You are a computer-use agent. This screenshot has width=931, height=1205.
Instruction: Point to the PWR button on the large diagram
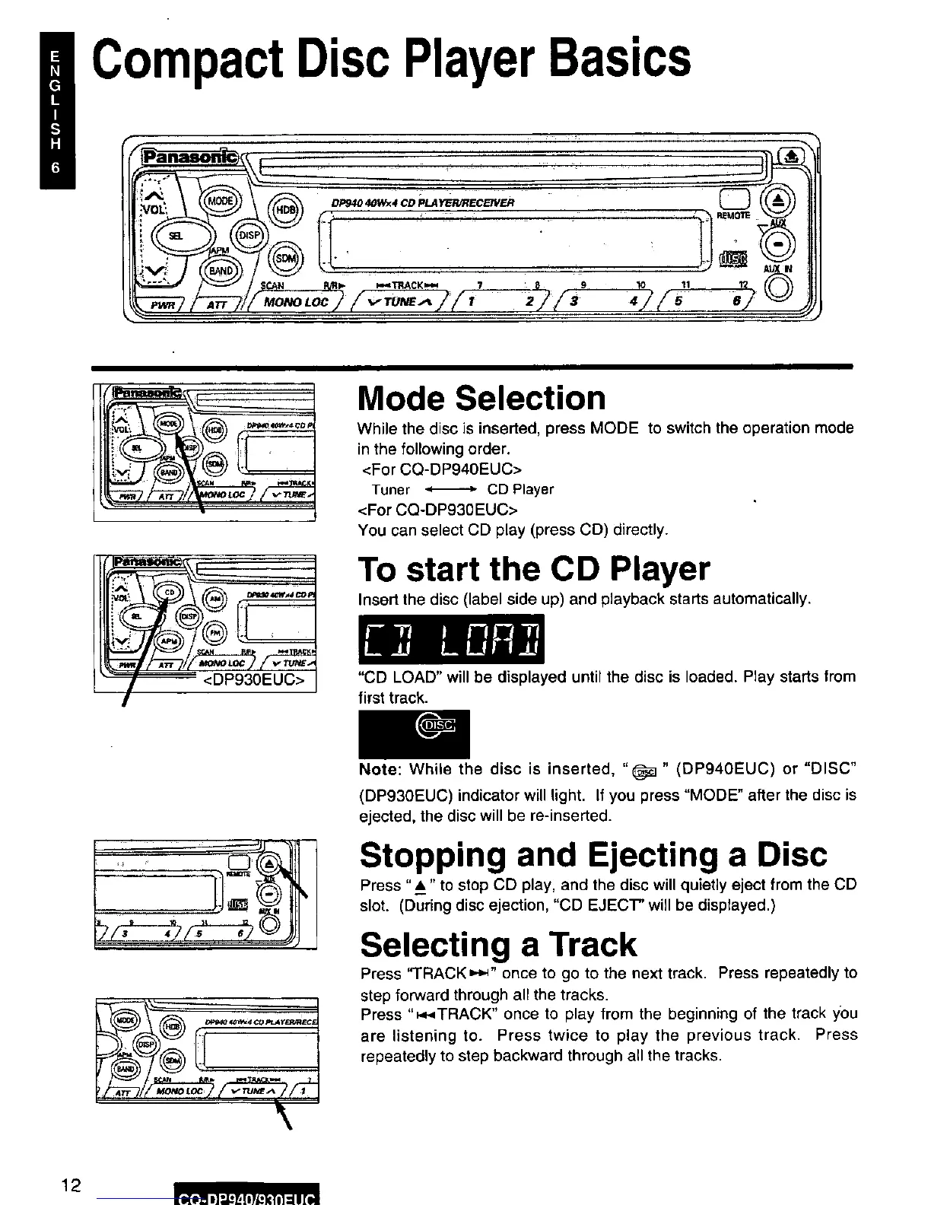(x=161, y=305)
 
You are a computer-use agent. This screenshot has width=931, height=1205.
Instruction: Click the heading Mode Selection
(x=482, y=398)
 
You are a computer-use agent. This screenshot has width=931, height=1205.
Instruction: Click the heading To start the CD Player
(x=534, y=569)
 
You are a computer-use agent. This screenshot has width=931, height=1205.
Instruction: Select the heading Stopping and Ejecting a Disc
(x=593, y=854)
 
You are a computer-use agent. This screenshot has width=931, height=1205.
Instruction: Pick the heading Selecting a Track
(x=498, y=944)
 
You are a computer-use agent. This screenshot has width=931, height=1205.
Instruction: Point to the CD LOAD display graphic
(x=453, y=637)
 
